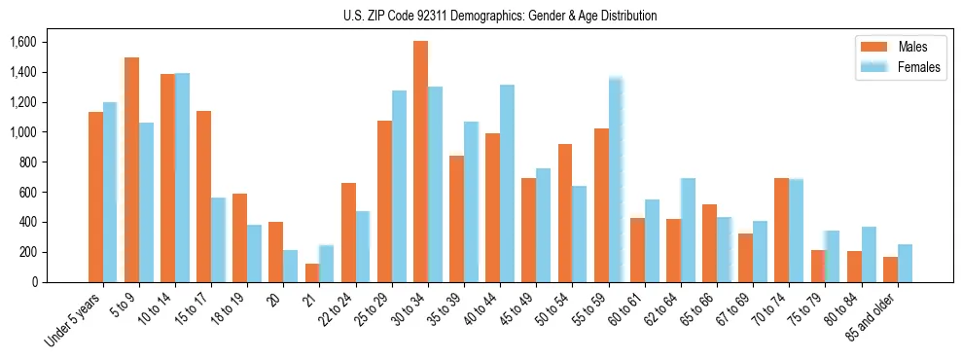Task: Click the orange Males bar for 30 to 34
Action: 420,162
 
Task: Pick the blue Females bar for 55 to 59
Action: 616,180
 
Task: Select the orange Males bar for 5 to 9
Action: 131,169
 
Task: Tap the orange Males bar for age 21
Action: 312,272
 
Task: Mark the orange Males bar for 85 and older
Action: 890,270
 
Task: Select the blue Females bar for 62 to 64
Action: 688,230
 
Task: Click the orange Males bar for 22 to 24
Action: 348,233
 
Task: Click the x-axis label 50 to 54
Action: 553,314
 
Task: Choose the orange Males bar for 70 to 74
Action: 781,230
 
